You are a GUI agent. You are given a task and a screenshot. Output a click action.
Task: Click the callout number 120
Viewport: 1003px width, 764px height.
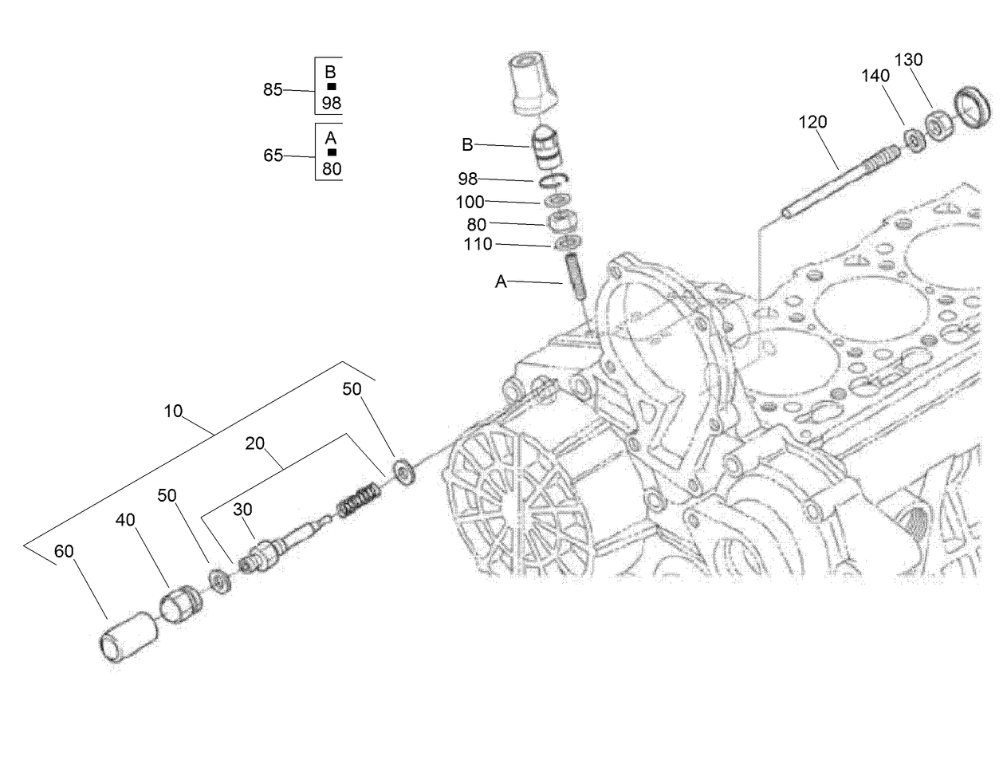813,122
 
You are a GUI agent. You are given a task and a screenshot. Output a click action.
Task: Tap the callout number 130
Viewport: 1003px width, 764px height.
908,60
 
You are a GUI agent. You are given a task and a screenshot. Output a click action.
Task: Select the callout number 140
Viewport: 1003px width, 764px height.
875,76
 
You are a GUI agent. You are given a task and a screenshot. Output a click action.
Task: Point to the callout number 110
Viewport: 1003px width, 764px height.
478,245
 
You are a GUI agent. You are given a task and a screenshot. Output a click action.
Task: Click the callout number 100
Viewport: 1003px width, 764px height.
470,203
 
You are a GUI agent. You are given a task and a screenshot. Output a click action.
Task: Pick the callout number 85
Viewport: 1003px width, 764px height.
273,90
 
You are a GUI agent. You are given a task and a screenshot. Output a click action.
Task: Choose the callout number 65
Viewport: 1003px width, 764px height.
273,156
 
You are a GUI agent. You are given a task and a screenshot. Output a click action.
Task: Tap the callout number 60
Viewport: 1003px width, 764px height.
63,551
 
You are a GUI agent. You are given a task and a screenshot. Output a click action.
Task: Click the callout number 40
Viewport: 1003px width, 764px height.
125,520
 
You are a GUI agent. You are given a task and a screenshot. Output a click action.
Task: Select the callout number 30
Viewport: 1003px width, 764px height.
242,509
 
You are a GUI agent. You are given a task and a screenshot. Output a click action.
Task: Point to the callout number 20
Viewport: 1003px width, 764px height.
255,444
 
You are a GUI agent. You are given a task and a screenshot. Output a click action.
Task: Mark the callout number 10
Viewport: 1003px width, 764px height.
174,412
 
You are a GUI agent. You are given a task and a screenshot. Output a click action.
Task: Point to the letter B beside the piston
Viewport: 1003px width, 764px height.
467,144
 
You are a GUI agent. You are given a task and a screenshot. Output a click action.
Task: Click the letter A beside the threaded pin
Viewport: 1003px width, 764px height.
501,282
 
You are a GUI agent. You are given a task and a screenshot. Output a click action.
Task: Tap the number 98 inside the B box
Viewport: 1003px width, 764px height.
332,103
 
